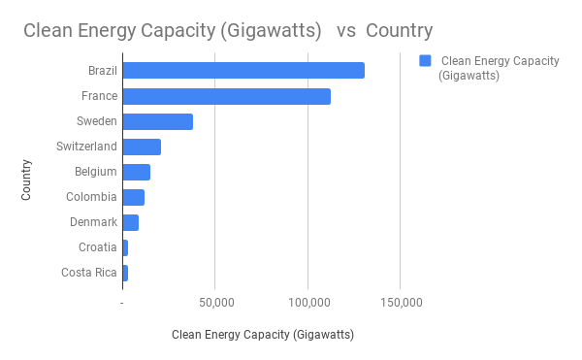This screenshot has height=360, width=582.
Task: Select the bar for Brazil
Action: (x=243, y=71)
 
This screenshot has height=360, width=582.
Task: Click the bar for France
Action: (x=226, y=96)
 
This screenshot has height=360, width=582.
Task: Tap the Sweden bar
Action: (x=157, y=121)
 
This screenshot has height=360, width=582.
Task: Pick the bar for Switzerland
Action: (x=142, y=147)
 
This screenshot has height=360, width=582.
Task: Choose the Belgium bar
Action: (x=136, y=172)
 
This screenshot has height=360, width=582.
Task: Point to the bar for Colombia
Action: (x=133, y=197)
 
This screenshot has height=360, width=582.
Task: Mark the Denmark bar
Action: (x=130, y=222)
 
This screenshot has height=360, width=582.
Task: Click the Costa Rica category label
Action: (x=88, y=273)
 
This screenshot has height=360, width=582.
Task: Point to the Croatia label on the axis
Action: (x=97, y=247)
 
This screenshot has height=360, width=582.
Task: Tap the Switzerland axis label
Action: (x=86, y=147)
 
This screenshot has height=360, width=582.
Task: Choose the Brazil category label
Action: (x=102, y=71)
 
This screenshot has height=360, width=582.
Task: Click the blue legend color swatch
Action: (x=425, y=61)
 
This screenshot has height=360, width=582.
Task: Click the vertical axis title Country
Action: (x=27, y=180)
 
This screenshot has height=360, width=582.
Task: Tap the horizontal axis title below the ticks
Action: (x=262, y=336)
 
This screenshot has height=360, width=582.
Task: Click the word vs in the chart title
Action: (x=345, y=30)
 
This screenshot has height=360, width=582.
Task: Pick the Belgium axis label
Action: (x=96, y=172)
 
